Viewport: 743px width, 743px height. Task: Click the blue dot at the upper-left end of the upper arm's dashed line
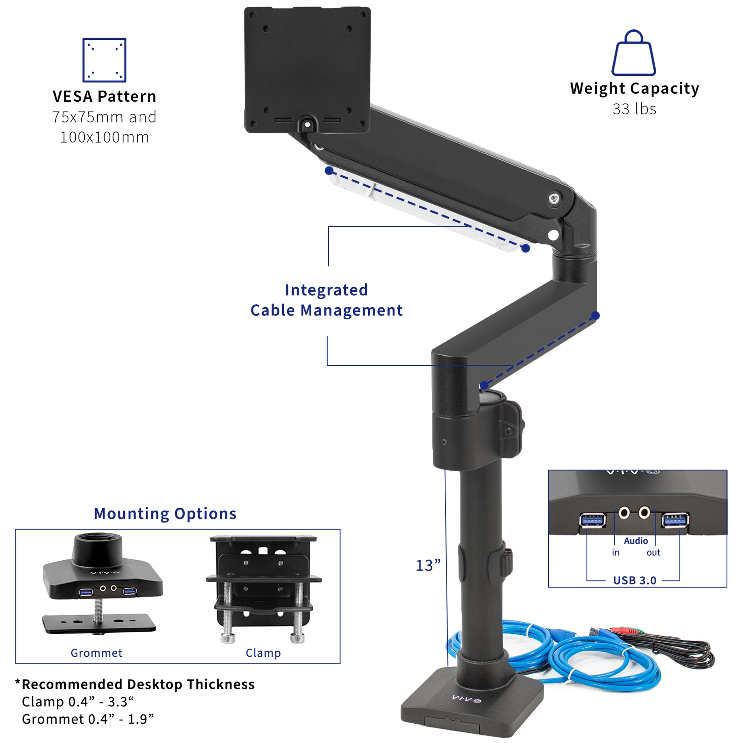point(329,171)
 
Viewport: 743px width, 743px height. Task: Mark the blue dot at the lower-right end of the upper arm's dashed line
point(526,249)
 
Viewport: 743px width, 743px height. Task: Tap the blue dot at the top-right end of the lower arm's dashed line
point(595,316)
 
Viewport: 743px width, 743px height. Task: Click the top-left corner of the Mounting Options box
point(16,529)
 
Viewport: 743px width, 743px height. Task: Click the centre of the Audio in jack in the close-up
point(624,512)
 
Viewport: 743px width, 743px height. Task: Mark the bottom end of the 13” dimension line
point(448,666)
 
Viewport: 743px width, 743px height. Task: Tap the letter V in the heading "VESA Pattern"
point(57,97)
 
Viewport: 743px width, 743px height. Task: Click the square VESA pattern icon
point(105,60)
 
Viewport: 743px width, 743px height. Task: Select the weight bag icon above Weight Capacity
point(634,53)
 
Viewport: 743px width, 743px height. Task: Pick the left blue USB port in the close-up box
point(593,520)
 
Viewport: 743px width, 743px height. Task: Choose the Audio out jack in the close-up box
point(645,512)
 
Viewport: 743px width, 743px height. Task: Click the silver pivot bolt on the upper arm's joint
point(554,198)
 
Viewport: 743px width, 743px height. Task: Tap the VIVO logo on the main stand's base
point(466,698)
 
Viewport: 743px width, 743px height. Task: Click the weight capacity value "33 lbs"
point(635,109)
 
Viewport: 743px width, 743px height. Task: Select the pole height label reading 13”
point(428,565)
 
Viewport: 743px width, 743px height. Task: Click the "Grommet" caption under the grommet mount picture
point(97,653)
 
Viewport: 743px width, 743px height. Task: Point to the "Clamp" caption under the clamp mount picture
point(263,653)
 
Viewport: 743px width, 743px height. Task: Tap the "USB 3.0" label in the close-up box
point(635,580)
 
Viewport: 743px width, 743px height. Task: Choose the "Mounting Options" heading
point(165,514)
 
